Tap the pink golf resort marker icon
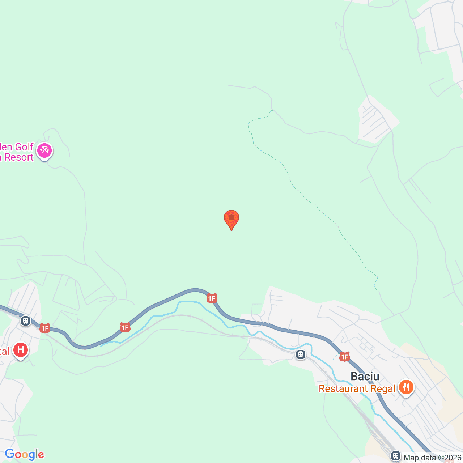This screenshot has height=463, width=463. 44,150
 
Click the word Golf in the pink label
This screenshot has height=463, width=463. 24,147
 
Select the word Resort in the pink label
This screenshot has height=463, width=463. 19,157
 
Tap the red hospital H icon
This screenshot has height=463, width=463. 21,350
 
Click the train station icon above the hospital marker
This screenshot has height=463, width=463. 26,321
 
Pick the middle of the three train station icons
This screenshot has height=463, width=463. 301,354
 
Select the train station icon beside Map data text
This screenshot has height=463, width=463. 396,455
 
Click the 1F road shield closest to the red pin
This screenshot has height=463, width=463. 212,298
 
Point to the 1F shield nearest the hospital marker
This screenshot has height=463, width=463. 44,328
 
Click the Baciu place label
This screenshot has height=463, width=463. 365,377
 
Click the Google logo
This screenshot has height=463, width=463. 24,455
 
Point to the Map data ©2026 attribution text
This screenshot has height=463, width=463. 432,458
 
